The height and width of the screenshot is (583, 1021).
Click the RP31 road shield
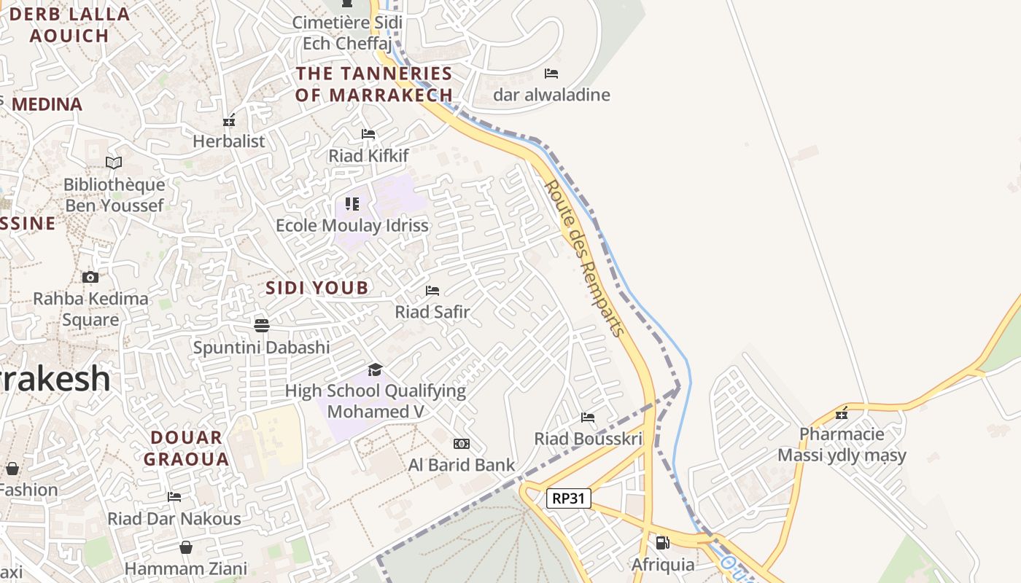(568, 498)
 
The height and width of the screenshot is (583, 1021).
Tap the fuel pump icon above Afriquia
(662, 543)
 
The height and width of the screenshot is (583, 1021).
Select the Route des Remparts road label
(585, 259)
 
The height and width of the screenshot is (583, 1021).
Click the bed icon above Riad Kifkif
(368, 134)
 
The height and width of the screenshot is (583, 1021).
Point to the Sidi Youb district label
(317, 288)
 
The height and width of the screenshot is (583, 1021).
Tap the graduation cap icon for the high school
(375, 369)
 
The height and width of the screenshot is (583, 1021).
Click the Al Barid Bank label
(461, 465)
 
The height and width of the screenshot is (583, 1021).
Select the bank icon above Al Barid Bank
(461, 444)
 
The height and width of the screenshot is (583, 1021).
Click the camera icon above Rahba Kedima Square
(90, 277)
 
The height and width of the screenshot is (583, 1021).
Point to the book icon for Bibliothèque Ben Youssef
(114, 163)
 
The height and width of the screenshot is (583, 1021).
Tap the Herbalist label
(229, 141)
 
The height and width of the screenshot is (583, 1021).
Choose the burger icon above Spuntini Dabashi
(262, 325)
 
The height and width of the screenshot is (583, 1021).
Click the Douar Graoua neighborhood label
(186, 448)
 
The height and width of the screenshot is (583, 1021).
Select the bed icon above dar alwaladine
(551, 74)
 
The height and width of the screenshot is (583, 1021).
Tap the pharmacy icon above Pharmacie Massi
(842, 413)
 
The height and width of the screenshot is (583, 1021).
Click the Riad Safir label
(432, 312)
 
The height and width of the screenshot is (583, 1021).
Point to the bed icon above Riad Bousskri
(588, 418)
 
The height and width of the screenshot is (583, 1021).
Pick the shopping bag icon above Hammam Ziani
(186, 547)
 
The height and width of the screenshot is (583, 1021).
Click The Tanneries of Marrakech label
(374, 84)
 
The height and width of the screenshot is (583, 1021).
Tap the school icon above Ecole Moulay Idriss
(352, 203)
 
